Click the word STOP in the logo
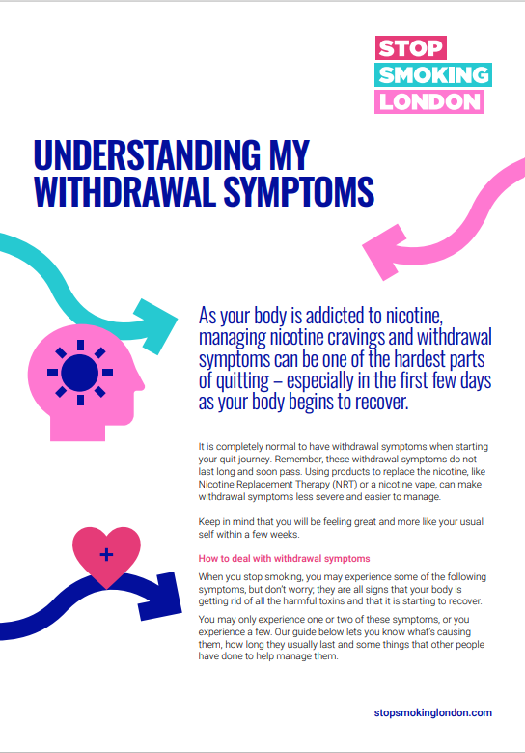[411, 48]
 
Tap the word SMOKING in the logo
[433, 75]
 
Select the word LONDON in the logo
[429, 101]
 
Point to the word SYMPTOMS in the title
[298, 191]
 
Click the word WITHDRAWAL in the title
[125, 191]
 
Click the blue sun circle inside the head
[80, 373]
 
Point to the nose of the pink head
[141, 384]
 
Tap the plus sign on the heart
[106, 555]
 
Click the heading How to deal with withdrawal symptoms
[284, 559]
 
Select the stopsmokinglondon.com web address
[433, 712]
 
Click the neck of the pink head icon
[78, 429]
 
